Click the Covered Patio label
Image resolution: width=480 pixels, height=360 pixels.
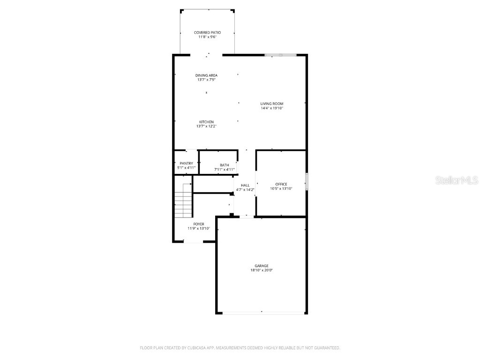(207, 32)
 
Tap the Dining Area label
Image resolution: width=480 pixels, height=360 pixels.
(206, 75)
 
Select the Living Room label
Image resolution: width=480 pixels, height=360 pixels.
(272, 104)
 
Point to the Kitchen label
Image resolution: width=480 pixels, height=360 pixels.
(206, 122)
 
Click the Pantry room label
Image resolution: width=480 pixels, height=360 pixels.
(186, 163)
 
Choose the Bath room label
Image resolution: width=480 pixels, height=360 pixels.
(225, 165)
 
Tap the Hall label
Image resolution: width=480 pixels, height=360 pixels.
(245, 185)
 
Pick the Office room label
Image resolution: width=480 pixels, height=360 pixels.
(281, 184)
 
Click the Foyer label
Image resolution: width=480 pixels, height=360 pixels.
(199, 224)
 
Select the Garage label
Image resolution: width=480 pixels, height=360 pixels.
(262, 266)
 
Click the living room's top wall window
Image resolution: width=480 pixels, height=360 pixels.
(281, 55)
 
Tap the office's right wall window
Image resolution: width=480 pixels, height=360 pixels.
(307, 181)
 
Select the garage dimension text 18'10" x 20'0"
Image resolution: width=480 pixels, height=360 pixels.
(262, 270)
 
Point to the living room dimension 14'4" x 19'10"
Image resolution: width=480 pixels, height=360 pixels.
(272, 108)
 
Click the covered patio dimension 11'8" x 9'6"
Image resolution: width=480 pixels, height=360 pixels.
(207, 37)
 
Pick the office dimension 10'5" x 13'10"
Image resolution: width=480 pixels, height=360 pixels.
(281, 189)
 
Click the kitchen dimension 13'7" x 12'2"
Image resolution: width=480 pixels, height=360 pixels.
(206, 127)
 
